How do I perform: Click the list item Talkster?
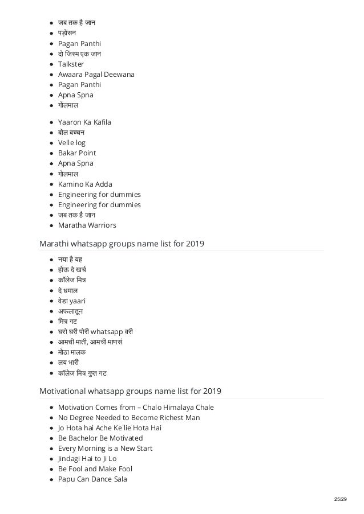coord(71,64)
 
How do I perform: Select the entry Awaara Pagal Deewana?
coord(95,75)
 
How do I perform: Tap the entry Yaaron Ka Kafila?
coord(84,122)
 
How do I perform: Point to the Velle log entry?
coord(72,142)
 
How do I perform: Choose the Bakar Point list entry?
coord(77,153)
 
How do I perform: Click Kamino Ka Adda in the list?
coord(85,184)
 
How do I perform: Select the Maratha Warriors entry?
coord(87,225)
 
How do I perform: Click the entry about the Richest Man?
coord(128,418)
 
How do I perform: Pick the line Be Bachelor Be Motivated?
coord(100,438)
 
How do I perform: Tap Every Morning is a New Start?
coord(105,449)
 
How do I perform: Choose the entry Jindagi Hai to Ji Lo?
coord(87,459)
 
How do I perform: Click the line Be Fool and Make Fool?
coord(95,469)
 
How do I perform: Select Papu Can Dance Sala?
coord(92,479)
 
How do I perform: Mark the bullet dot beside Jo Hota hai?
coord(52,428)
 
